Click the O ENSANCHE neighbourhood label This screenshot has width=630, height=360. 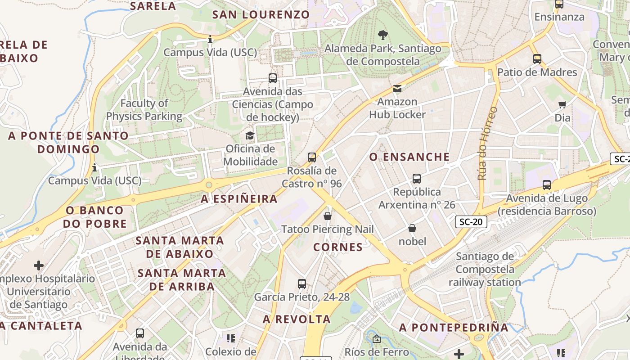[x=409, y=157]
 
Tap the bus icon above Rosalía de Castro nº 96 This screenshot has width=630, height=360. [x=312, y=157]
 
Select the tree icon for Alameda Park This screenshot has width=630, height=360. [x=383, y=35]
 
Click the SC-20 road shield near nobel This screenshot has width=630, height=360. [x=471, y=221]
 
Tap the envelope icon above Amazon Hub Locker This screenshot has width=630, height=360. [x=397, y=89]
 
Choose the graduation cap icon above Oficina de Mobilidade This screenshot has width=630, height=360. [x=250, y=135]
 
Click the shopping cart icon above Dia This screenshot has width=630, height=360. [x=562, y=105]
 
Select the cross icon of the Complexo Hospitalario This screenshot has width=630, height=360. [x=39, y=265]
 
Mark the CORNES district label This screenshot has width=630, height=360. [x=338, y=247]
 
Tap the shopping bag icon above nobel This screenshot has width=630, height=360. [x=412, y=229]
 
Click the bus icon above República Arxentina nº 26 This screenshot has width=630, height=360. [x=417, y=179]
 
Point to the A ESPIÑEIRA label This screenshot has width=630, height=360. [x=239, y=199]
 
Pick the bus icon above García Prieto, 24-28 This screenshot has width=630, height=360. [x=302, y=284]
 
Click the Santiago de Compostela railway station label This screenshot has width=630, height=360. [x=485, y=270]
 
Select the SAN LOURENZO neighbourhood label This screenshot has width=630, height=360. [x=261, y=14]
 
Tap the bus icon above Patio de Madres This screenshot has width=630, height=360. [x=537, y=59]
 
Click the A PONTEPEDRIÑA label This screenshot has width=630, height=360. [x=454, y=328]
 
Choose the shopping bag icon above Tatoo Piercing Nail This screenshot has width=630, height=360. [x=328, y=216]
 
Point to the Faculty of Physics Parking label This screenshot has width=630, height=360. [x=144, y=110]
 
